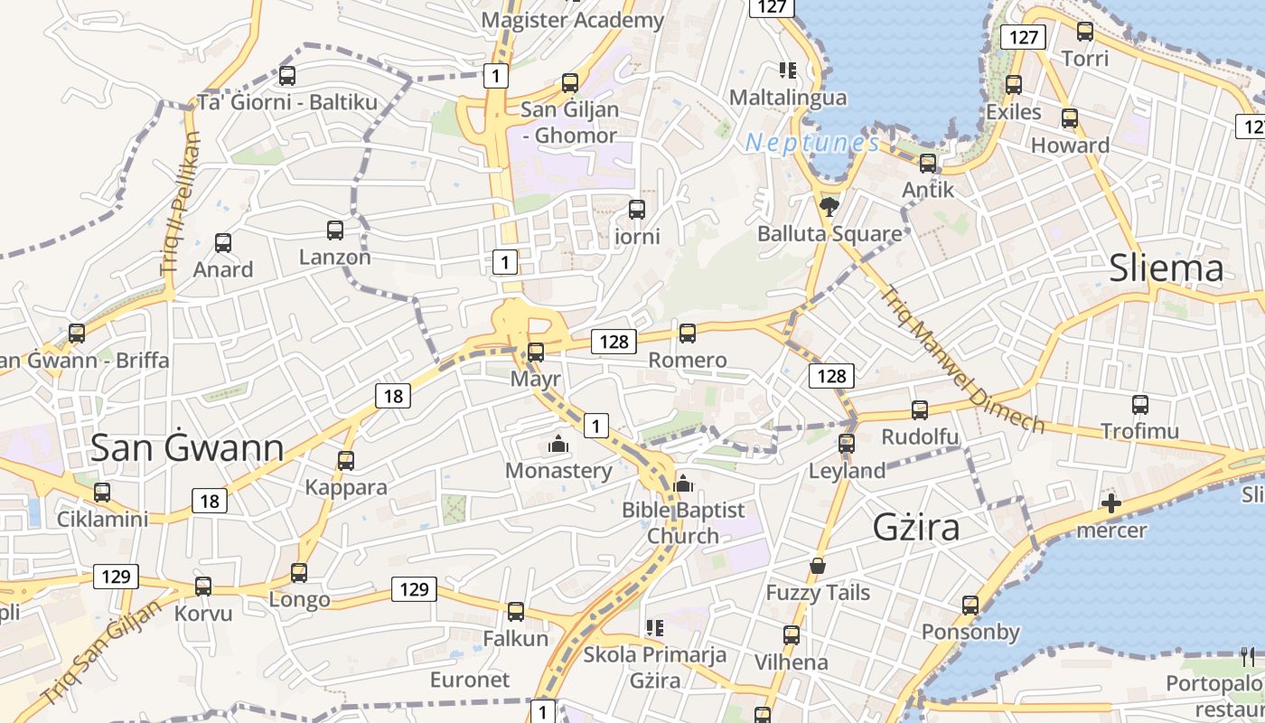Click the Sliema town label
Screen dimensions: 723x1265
pos(1166,268)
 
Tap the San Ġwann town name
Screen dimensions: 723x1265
pos(188,447)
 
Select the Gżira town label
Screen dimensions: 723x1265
pos(916,527)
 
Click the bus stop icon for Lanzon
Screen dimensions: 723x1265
pos(335,230)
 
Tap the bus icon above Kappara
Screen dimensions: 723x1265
pos(346,461)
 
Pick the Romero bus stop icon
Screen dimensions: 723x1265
pos(688,333)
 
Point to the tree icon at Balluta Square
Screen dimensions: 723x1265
pos(829,207)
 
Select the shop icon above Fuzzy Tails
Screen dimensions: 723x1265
pos(818,567)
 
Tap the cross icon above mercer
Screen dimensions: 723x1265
pos(1111,503)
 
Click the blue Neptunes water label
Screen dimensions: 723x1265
pos(812,143)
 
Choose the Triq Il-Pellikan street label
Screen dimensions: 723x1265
pos(181,203)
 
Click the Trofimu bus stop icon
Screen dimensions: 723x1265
pos(1140,404)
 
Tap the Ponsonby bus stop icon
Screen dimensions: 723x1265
pos(970,605)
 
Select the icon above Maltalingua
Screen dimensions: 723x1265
pos(787,70)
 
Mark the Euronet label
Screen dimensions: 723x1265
pos(470,680)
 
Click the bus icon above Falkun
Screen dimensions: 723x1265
pos(516,612)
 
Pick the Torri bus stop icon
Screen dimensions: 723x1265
pos(1085,32)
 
